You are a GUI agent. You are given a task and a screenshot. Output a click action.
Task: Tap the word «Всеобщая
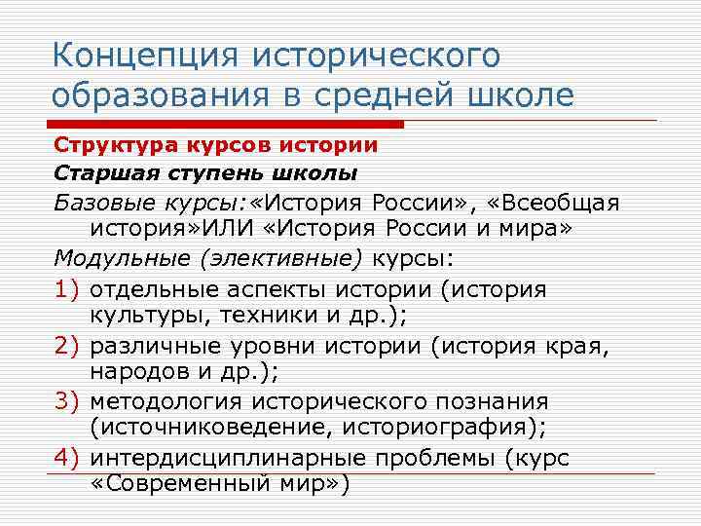559,203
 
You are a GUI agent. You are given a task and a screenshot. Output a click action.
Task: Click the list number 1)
68,288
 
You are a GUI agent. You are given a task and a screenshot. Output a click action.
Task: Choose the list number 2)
68,345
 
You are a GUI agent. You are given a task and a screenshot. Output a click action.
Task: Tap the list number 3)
68,401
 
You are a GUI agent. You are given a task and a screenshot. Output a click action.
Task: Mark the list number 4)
68,458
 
